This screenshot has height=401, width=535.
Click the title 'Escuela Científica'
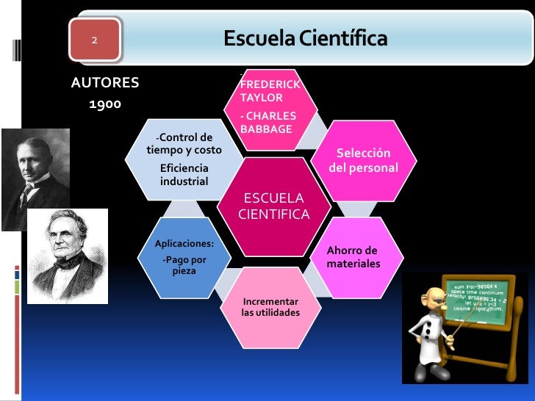[x=305, y=38]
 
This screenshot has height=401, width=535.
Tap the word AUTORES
[x=105, y=82]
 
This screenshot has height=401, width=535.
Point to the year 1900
[x=105, y=104]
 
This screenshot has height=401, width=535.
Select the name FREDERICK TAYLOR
[x=269, y=91]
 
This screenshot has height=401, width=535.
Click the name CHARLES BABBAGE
[x=268, y=122]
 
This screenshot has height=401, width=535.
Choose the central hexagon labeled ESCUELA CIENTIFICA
[x=274, y=206]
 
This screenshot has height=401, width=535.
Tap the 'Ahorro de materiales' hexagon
[x=353, y=256]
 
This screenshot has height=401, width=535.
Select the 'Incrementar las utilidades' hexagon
[x=270, y=307]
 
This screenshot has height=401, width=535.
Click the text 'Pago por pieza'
[x=184, y=265]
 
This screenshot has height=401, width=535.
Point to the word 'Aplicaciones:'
[x=184, y=243]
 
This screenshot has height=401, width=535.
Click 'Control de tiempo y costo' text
[x=184, y=144]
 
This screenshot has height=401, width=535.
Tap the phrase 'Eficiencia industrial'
[x=184, y=175]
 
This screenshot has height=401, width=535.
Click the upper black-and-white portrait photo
[x=35, y=180]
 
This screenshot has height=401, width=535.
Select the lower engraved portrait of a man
[x=68, y=256]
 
